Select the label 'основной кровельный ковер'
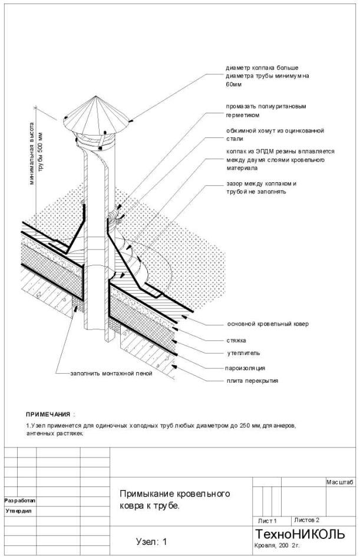pyautogui.click(x=267, y=324)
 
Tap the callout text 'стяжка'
pyautogui.click(x=237, y=340)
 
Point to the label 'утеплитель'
pyautogui.click(x=243, y=353)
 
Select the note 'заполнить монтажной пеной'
pyautogui.click(x=111, y=374)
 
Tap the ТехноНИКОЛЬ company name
pyautogui.click(x=299, y=534)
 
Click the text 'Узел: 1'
pyautogui.click(x=152, y=541)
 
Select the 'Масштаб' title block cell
pyautogui.click(x=339, y=482)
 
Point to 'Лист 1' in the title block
pyautogui.click(x=267, y=521)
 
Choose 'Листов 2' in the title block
pyautogui.click(x=306, y=520)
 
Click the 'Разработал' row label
pyautogui.click(x=20, y=500)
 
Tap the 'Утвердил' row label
pyautogui.click(x=19, y=511)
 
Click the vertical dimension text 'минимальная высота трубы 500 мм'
pyautogui.click(x=37, y=153)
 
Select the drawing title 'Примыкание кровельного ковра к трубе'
pyautogui.click(x=174, y=500)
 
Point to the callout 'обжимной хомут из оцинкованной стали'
pyautogui.click(x=275, y=134)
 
